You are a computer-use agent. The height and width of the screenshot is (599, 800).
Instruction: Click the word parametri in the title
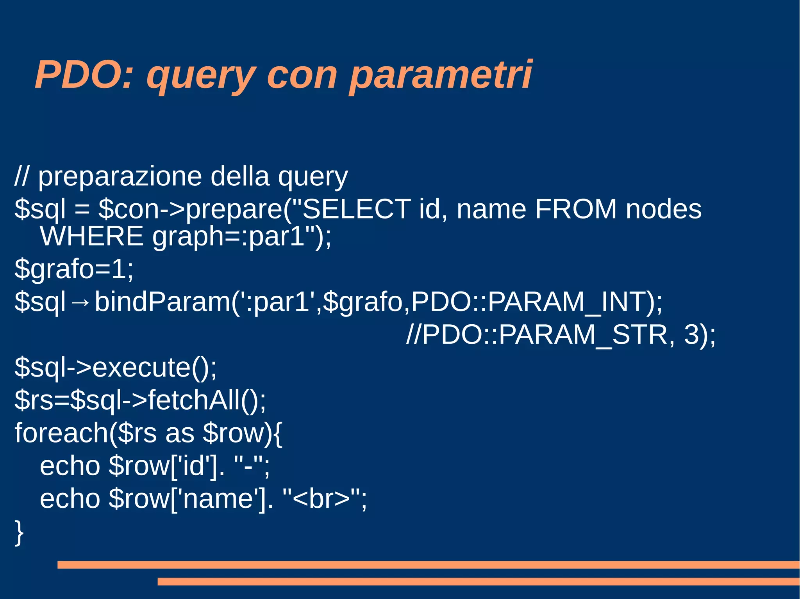(x=440, y=75)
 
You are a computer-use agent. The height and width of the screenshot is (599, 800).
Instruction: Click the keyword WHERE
(x=92, y=236)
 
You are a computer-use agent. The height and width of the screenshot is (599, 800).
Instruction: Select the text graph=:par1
(x=229, y=236)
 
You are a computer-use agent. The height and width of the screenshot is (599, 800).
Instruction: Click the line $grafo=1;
(x=74, y=269)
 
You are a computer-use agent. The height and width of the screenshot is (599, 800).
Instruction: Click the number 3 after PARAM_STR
(x=692, y=335)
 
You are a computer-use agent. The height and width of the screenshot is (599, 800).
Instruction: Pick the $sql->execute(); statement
(x=115, y=368)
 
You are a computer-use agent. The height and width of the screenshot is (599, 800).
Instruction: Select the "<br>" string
(x=321, y=499)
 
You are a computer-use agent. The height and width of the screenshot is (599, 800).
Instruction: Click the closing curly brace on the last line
(x=19, y=532)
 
